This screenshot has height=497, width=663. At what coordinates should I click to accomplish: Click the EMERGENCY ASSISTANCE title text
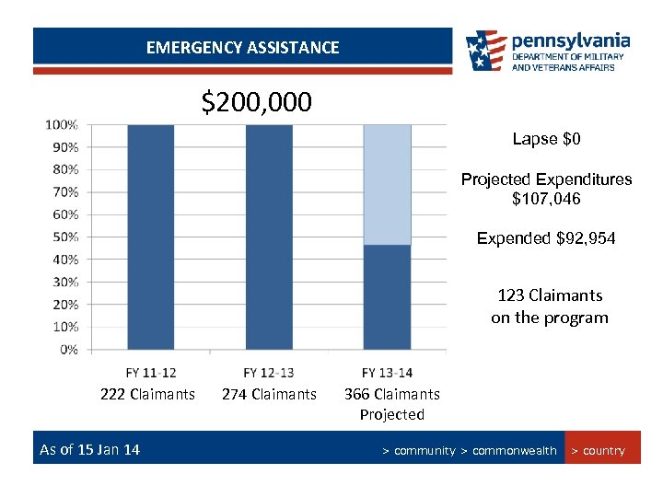click(242, 47)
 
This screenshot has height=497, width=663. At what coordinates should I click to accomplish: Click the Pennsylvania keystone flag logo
click(485, 51)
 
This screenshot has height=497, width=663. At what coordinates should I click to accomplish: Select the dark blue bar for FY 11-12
click(150, 237)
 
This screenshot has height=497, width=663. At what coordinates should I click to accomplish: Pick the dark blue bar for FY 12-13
click(269, 237)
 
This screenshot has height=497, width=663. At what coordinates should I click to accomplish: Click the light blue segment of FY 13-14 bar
click(387, 184)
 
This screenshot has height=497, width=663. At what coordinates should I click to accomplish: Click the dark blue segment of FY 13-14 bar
click(387, 296)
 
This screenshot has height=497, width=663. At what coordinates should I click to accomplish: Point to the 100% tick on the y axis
click(63, 124)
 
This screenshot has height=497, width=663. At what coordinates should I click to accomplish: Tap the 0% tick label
click(68, 349)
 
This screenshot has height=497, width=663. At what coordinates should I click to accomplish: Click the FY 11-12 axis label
click(151, 372)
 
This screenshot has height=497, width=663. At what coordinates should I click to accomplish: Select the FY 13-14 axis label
click(387, 372)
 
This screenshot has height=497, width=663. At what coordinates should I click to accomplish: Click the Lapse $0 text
click(546, 139)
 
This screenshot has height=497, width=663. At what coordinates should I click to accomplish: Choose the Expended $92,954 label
click(546, 238)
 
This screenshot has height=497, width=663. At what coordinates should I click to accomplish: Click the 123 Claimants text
click(550, 295)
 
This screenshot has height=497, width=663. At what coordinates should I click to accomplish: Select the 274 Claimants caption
click(269, 395)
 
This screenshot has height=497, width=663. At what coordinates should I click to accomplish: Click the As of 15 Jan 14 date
click(89, 449)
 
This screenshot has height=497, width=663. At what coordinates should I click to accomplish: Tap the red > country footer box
click(602, 450)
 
